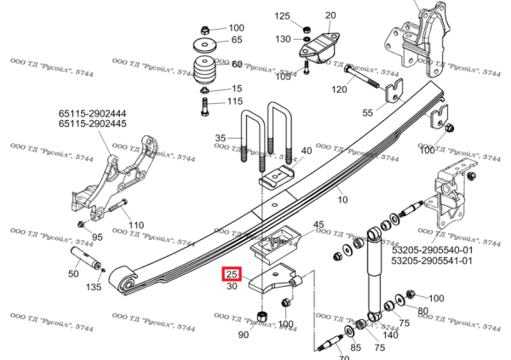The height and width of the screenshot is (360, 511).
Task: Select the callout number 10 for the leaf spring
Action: pyautogui.click(x=342, y=200)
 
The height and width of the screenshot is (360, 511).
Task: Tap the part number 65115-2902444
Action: pyautogui.click(x=93, y=113)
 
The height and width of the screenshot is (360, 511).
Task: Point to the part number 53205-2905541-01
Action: pyautogui.click(x=432, y=261)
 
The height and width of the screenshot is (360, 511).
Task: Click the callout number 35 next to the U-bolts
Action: pyautogui.click(x=221, y=138)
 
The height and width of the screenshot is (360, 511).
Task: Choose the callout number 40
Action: pyautogui.click(x=307, y=150)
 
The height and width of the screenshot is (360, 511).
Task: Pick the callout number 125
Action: pyautogui.click(x=282, y=16)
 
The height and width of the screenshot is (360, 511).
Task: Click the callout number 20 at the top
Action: pyautogui.click(x=330, y=15)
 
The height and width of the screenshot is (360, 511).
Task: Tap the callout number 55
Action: pyautogui.click(x=367, y=112)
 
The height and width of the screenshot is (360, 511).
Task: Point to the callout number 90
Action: pyautogui.click(x=243, y=334)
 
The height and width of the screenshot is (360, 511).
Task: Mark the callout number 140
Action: pyautogui.click(x=390, y=334)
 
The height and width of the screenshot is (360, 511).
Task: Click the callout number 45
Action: pyautogui.click(x=319, y=225)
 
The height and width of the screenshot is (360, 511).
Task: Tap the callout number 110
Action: pyautogui.click(x=135, y=226)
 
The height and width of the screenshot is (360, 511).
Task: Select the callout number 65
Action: pyautogui.click(x=237, y=40)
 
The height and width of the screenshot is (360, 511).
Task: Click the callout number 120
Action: pyautogui.click(x=339, y=90)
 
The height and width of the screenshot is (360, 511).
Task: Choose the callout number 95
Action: pyautogui.click(x=97, y=237)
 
